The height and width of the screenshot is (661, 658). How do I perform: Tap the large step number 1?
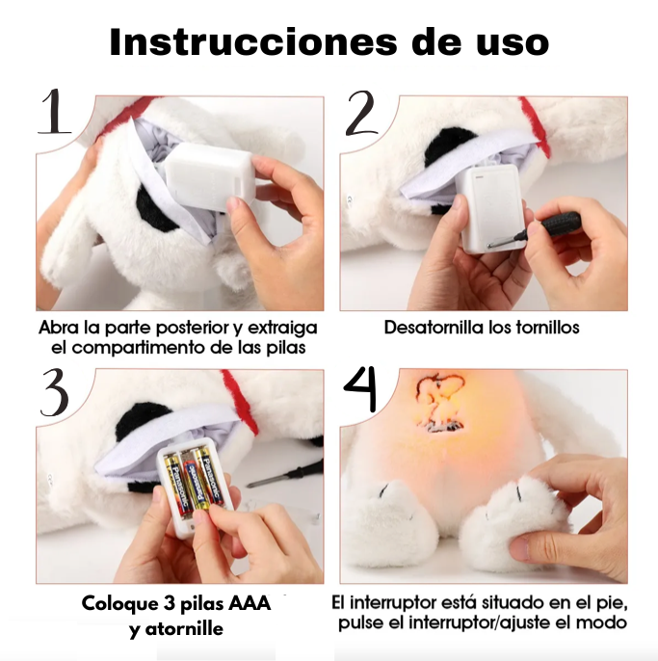(x=55, y=113)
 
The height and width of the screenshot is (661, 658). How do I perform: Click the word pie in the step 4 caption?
(x=611, y=602)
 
